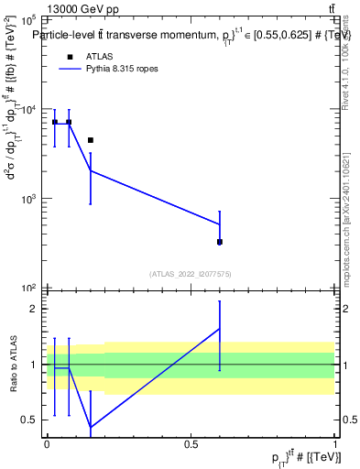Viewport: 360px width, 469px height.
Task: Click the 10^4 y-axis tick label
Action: [x=27, y=109]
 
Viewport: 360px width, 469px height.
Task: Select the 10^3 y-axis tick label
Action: [x=27, y=198]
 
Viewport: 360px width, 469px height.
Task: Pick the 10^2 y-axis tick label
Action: [x=27, y=288]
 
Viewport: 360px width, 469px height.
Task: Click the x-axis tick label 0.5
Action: [x=191, y=443]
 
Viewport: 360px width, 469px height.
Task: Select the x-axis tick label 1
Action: [x=334, y=443]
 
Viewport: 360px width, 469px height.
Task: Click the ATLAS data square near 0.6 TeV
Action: [x=220, y=242]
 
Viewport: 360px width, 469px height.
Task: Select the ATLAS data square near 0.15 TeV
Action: [x=91, y=140]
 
